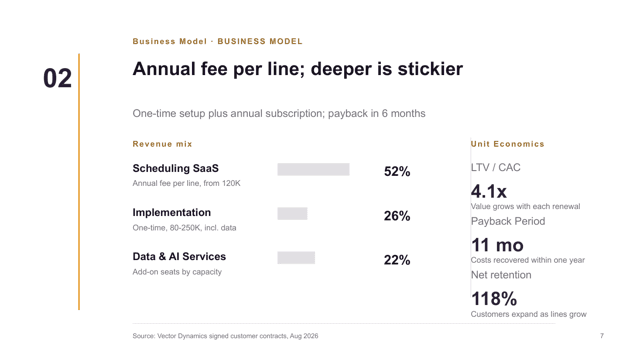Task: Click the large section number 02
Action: point(58,78)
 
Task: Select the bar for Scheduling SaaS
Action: point(313,169)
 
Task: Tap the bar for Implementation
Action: point(292,213)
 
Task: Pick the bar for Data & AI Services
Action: point(296,258)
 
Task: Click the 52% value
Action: point(397,171)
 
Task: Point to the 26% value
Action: point(397,216)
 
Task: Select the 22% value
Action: point(397,260)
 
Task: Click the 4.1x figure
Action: point(489,191)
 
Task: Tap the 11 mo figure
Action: point(497,245)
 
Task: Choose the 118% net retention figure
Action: point(494,299)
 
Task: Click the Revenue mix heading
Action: point(162,144)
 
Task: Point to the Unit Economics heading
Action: point(507,144)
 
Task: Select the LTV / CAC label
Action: point(496,167)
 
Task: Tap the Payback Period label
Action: point(508,221)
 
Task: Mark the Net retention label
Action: point(501,275)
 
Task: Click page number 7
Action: point(602,336)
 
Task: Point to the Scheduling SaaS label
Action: point(176,168)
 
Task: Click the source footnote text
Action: point(225,336)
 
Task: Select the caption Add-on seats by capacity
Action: point(177,272)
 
